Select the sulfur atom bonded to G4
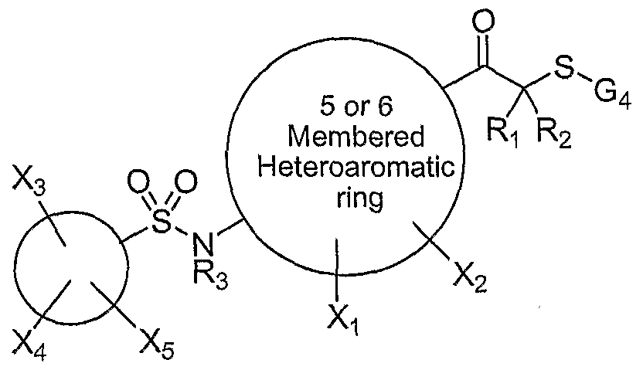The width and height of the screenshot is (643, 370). coord(564,69)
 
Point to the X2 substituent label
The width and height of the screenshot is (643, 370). coord(471,280)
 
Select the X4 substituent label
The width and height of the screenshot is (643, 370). coord(29,347)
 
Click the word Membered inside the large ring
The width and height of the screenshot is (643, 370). coord(356,137)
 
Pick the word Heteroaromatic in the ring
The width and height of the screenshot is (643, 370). coord(356,167)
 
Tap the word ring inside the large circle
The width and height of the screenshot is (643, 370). coord(359,199)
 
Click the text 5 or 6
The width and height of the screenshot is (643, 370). coord(356,106)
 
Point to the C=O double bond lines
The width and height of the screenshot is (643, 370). coord(484,51)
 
